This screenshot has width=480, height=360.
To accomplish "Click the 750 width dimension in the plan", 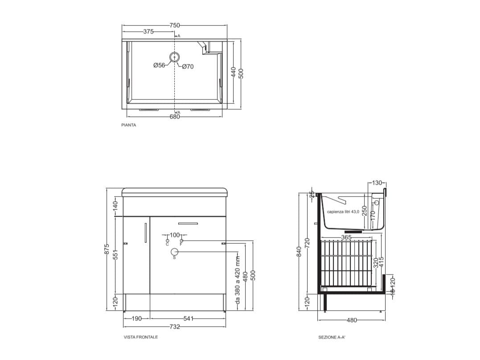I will click(175, 25).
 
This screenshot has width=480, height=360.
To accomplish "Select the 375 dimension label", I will click(148, 32).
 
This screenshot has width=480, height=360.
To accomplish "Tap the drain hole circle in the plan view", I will click(175, 57).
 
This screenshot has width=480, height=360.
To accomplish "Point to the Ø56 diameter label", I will click(159, 65).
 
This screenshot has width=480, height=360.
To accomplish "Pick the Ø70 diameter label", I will click(188, 67).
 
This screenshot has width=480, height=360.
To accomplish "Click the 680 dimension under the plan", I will click(175, 117).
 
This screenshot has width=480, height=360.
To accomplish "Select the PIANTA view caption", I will click(129, 125).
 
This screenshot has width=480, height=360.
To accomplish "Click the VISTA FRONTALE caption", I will click(141, 337).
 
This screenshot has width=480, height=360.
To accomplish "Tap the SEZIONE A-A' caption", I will click(332, 338).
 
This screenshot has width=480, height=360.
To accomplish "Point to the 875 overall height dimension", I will click(107, 250).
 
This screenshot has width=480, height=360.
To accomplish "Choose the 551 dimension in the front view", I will click(115, 254).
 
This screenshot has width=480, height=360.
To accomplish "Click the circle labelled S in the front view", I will click(174, 252).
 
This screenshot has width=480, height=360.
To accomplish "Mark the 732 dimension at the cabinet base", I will click(175, 327).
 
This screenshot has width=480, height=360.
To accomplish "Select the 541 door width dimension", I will click(188, 319).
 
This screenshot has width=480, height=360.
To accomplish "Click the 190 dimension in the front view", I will click(136, 319).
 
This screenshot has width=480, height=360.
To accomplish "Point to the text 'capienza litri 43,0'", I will click(343, 212).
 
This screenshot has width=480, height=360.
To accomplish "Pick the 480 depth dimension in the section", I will click(351, 320).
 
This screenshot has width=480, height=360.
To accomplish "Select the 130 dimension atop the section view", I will click(377, 183).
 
